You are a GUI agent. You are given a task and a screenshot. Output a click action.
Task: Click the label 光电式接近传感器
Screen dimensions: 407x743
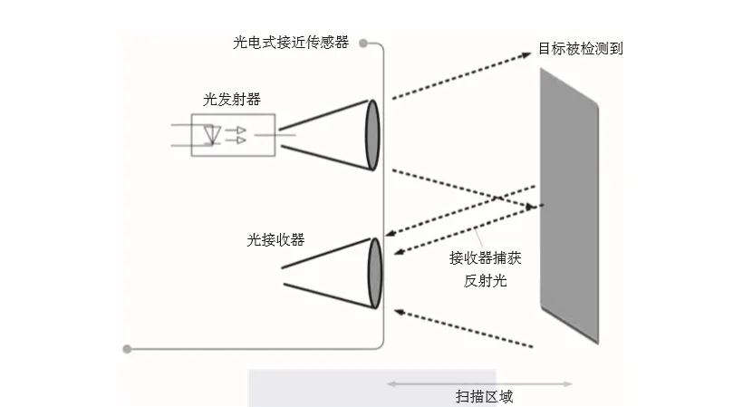[x=291, y=43]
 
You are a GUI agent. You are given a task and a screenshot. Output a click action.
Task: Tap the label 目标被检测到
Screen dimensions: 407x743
[x=581, y=48]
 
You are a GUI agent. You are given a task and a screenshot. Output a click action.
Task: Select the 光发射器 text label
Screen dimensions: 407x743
[x=232, y=99]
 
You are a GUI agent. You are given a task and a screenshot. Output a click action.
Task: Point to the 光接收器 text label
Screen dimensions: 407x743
[x=275, y=240]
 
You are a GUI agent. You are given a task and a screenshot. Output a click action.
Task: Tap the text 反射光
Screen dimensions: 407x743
[x=485, y=281]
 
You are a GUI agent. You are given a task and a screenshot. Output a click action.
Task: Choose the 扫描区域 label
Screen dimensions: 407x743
[x=484, y=397]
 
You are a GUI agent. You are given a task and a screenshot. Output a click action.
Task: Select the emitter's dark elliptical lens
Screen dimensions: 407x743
[x=371, y=133]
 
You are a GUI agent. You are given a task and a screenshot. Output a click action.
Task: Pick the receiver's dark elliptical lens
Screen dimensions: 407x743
[x=373, y=272]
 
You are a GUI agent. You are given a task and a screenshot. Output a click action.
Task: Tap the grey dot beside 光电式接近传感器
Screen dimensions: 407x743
[x=363, y=43]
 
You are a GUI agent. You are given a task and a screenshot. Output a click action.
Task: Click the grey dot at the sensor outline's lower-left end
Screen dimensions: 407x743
[x=127, y=348]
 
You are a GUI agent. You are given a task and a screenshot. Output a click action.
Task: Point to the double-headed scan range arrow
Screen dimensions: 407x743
[x=480, y=383]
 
